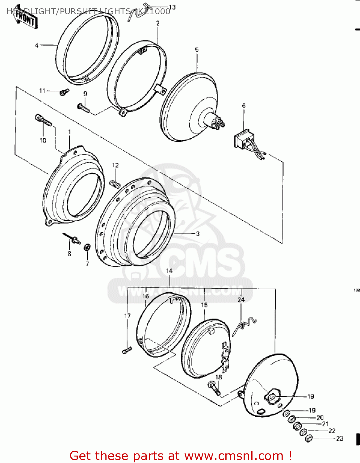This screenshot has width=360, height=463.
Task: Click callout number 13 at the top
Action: tap(172, 7)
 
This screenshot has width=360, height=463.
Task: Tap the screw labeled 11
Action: tap(65, 91)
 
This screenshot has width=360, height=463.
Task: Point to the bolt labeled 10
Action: tap(43, 120)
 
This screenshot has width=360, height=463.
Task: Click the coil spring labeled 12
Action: tap(115, 183)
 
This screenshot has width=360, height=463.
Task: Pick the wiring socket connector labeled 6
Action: tap(244, 139)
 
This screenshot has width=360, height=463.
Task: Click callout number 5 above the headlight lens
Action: tap(197, 50)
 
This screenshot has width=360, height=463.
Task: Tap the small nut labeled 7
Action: tap(87, 247)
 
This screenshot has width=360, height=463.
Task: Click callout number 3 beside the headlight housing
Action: tap(198, 234)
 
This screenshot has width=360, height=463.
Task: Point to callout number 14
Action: tap(169, 271)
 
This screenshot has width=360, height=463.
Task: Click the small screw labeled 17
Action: tap(127, 350)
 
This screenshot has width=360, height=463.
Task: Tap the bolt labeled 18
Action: tap(215, 388)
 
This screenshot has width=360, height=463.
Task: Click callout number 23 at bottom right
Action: tap(340, 438)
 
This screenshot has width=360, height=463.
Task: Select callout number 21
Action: tap(325, 424)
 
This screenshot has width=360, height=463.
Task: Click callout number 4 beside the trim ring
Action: tap(36, 45)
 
